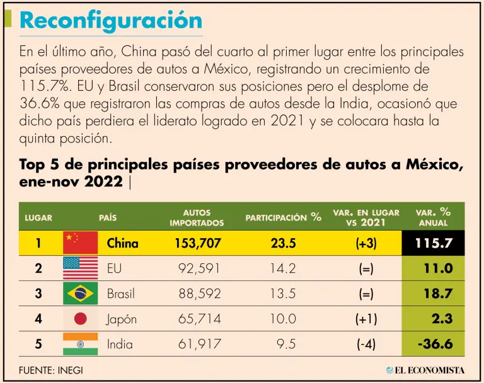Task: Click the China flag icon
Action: tap(80, 243)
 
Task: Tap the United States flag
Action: tap(80, 268)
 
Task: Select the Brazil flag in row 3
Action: tap(80, 294)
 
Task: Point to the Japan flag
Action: tap(80, 319)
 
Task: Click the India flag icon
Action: tap(80, 344)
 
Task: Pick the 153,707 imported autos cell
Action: tap(196, 243)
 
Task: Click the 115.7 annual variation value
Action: tap(434, 243)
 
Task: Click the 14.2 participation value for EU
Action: tap(283, 268)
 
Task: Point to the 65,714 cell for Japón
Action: tap(196, 319)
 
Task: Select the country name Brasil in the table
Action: tap(121, 294)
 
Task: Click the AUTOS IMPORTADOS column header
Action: tap(196, 218)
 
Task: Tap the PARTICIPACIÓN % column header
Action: tap(283, 218)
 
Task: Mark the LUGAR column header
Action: tap(38, 218)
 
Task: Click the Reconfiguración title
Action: tap(111, 20)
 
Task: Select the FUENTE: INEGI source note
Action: tap(51, 370)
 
